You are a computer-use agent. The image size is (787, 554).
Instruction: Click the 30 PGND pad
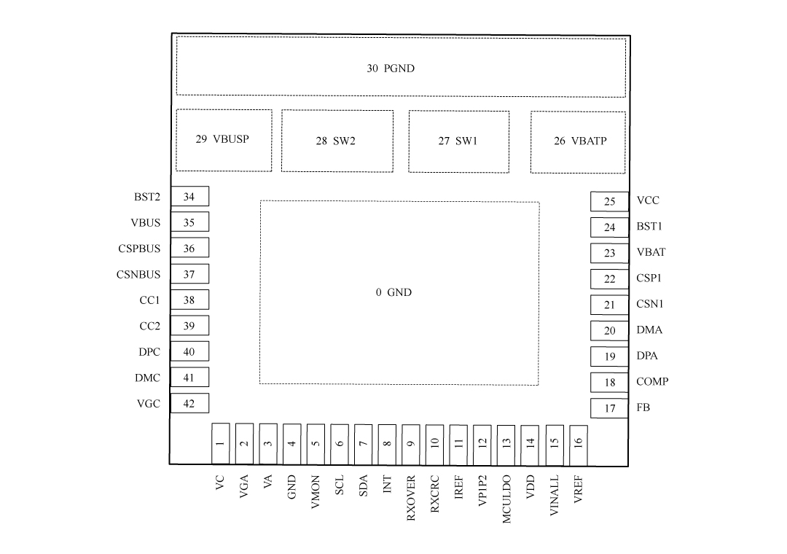point(401,67)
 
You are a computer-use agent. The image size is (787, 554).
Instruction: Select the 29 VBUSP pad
point(224,140)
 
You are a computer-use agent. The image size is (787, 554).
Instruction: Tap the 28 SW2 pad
point(337,141)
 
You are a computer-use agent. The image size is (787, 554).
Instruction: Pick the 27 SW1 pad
point(459,141)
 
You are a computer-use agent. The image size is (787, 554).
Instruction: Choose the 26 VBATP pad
point(578,142)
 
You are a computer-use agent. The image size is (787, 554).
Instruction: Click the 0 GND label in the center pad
point(393,292)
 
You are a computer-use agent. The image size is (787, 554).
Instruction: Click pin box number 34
point(189,196)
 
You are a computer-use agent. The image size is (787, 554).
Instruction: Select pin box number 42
point(189,403)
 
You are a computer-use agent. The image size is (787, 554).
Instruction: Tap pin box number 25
point(609,201)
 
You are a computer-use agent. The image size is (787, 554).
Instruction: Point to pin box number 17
point(609,408)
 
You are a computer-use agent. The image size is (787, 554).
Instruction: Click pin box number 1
point(220,443)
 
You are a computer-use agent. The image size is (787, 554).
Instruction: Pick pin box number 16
point(579,445)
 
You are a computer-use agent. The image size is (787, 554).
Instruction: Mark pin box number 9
point(411,445)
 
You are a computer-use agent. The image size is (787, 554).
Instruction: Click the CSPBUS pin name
point(139,249)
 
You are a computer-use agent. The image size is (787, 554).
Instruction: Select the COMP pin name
point(652,382)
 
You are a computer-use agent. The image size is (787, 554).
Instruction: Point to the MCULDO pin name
point(506,499)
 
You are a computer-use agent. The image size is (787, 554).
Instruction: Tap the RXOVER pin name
point(411,498)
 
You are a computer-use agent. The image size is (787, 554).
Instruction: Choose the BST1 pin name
point(649,227)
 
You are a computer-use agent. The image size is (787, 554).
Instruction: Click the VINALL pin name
point(554,496)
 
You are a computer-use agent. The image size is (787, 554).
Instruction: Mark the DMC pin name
point(147,378)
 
